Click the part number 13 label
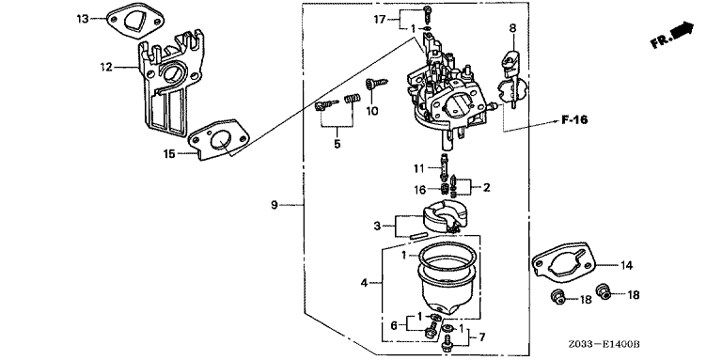tap(82, 19)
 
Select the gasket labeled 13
tap(135, 20)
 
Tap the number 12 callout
tap(106, 68)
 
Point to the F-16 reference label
tap(574, 120)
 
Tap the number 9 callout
tap(275, 205)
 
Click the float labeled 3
tap(442, 219)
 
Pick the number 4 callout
tap(364, 283)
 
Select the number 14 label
tap(626, 265)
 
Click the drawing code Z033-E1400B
tap(604, 344)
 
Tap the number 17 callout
tap(380, 20)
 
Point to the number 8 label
tap(512, 28)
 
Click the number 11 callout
tap(418, 169)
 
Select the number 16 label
tap(419, 189)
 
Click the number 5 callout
tap(337, 144)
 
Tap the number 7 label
tap(481, 337)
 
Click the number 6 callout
tap(394, 325)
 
